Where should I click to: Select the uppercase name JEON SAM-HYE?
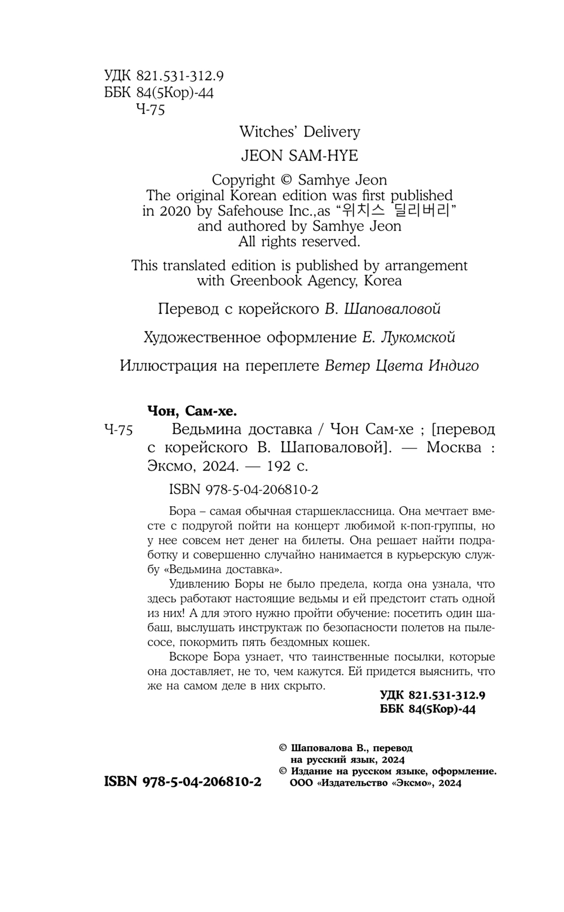pos(299,155)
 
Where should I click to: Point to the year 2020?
pos(175,211)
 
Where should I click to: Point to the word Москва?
pos(454,448)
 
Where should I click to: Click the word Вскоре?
pos(187,657)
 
